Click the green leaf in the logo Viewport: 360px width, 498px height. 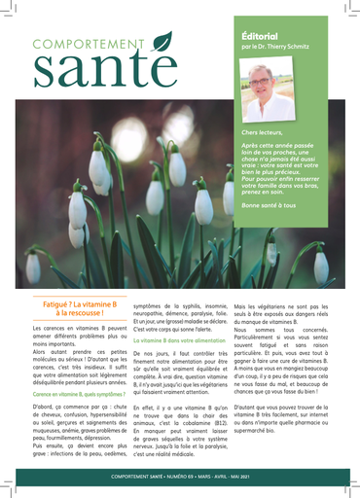(x=162, y=41)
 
